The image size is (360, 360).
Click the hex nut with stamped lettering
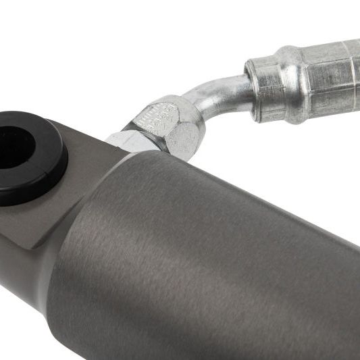pyautogui.click(x=165, y=125)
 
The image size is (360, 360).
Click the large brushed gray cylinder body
pyautogui.click(x=223, y=263)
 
